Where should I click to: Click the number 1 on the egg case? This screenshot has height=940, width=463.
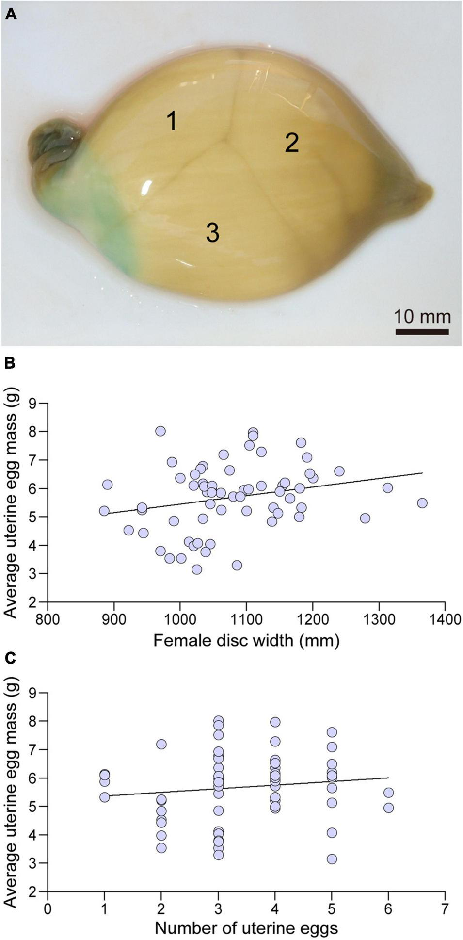[x=172, y=121]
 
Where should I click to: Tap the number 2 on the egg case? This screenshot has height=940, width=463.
[x=291, y=143]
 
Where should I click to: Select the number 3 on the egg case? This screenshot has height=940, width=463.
[x=212, y=232]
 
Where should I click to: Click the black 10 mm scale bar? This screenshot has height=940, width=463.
[x=421, y=332]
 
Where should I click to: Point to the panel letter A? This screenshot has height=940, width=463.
[x=11, y=14]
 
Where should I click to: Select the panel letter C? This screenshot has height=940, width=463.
[x=10, y=658]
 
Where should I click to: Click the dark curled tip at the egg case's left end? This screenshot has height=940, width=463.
[x=51, y=146]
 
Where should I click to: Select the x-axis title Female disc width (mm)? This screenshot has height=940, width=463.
[x=246, y=641]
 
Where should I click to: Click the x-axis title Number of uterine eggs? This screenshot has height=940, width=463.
[x=246, y=928]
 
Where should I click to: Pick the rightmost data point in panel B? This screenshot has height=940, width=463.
[x=422, y=503]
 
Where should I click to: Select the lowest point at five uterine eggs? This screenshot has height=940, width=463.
[x=332, y=859]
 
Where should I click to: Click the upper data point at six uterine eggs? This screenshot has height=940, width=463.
[x=388, y=793]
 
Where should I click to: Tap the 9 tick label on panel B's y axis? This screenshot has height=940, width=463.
[x=32, y=403]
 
